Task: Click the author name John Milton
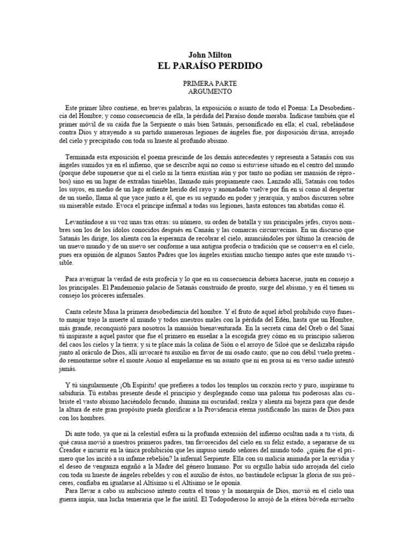pyautogui.click(x=209, y=55)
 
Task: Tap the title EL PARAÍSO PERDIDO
pyautogui.click(x=209, y=66)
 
